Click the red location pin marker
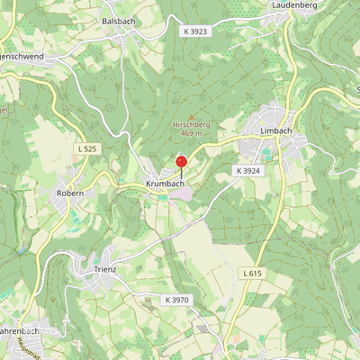[181, 162]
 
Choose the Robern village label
[70, 193]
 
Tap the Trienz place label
[104, 269]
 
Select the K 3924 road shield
[247, 170]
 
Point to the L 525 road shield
[87, 148]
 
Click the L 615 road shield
[253, 272]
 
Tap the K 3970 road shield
[178, 299]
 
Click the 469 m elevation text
[190, 133]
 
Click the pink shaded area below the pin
[181, 193]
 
